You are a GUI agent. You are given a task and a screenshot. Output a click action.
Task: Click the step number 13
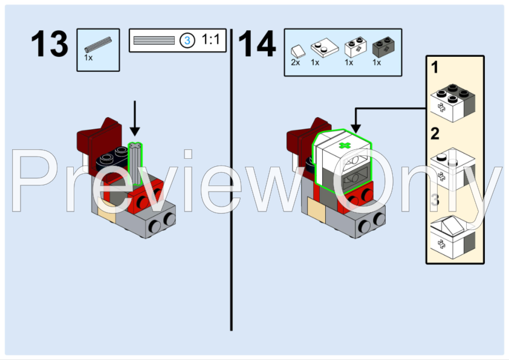click(x=50, y=43)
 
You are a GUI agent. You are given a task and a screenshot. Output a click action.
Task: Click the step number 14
click(x=257, y=43)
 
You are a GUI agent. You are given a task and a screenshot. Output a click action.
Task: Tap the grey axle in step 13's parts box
click(x=98, y=45)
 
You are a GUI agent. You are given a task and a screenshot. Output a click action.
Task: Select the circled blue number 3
click(x=187, y=40)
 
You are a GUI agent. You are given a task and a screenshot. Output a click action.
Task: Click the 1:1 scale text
click(x=211, y=40)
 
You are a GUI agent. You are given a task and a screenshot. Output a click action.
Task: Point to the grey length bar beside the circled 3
click(x=154, y=40)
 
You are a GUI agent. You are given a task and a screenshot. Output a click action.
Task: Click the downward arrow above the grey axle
click(x=135, y=118)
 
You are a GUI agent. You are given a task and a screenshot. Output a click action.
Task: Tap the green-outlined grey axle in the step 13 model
click(x=135, y=164)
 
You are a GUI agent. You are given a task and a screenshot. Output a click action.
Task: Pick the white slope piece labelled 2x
click(x=298, y=51)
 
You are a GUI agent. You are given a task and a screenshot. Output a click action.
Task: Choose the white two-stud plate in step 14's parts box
click(x=324, y=47)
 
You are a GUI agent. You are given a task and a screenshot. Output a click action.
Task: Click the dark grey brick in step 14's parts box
click(x=383, y=47)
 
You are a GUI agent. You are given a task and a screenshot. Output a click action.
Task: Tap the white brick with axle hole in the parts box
click(x=355, y=47)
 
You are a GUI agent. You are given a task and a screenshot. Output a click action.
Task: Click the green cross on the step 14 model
click(x=345, y=146)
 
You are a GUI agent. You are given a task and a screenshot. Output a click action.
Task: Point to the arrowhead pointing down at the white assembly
click(x=356, y=129)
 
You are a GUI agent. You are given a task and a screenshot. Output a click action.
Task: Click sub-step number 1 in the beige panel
click(x=435, y=68)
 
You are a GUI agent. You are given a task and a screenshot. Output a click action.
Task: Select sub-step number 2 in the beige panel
click(x=435, y=133)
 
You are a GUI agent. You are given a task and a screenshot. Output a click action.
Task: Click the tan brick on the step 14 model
click(x=317, y=208)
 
